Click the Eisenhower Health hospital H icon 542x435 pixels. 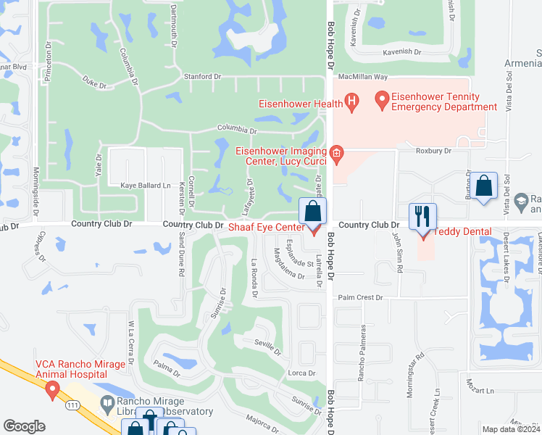tap(352, 102)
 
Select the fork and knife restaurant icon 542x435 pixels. tap(422, 217)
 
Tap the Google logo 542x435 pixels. tap(24, 426)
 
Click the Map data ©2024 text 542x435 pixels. tap(512, 429)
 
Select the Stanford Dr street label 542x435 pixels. tap(202, 76)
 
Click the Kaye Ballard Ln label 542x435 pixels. tap(139, 186)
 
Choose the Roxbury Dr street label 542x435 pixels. tap(433, 151)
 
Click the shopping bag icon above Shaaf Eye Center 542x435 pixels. tap(312, 212)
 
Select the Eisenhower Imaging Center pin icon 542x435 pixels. tap(335, 154)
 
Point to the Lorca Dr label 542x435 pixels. tap(302, 373)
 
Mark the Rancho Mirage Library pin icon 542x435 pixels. tap(107, 402)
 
